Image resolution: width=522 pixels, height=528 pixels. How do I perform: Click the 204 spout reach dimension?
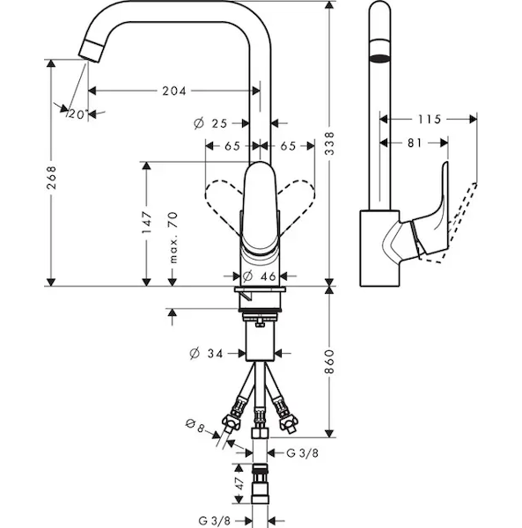coord(174,91)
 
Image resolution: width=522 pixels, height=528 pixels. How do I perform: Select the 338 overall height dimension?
coord(329,143)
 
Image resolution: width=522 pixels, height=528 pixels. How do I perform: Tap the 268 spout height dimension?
coord(51,177)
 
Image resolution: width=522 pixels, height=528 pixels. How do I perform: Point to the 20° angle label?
coord(77,114)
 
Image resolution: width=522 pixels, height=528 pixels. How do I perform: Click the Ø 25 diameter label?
coord(210,123)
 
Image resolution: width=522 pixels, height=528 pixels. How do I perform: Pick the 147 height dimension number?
coord(146,223)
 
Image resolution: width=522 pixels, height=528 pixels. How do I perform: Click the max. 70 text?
coord(173,238)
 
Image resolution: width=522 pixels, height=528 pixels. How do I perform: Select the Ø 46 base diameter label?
coord(260,276)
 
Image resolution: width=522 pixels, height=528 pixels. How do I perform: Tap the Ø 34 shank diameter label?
coord(206,354)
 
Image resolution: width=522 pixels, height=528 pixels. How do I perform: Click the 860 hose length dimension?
coord(329,362)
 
